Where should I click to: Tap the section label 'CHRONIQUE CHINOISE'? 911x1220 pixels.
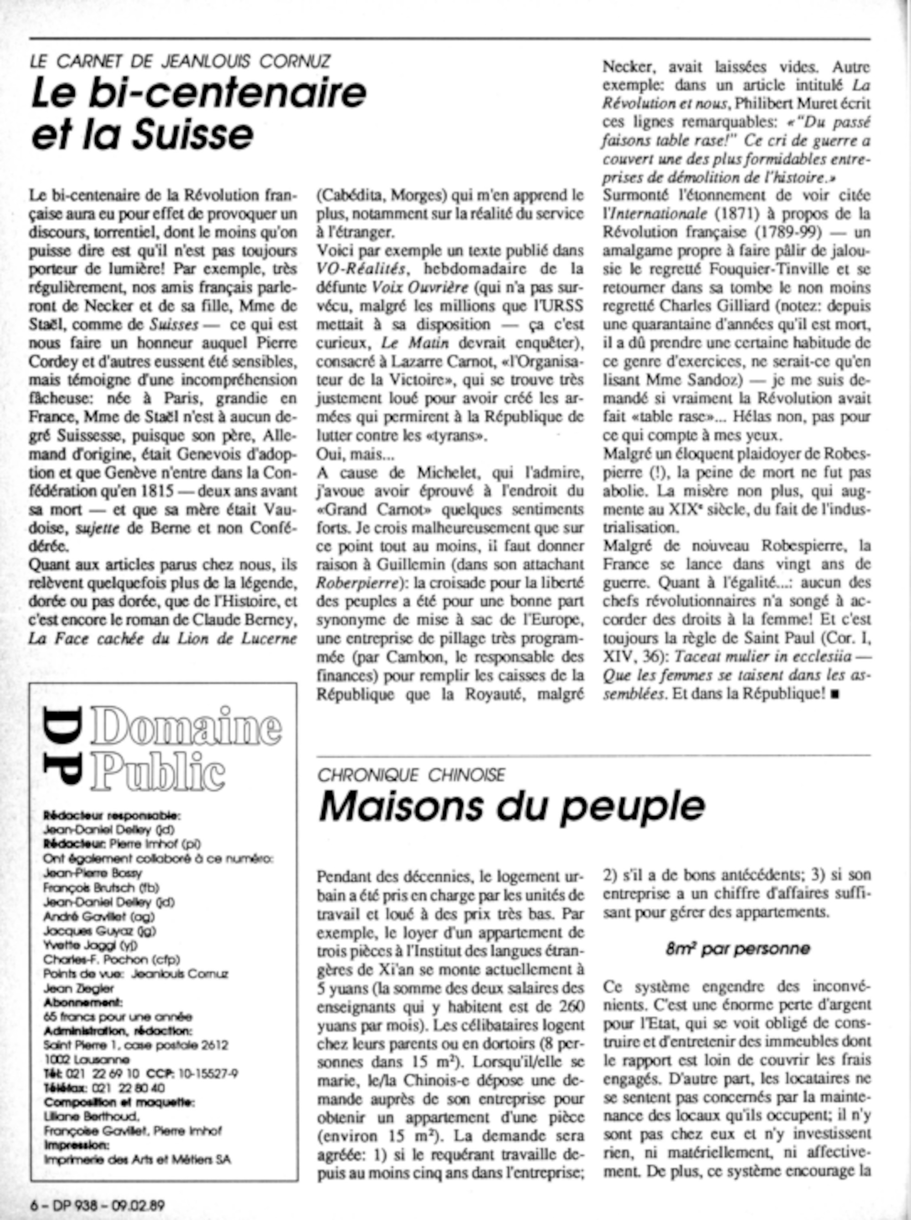411,775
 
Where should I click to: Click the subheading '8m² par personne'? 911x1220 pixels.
737,949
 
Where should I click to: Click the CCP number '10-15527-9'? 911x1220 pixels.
207,1073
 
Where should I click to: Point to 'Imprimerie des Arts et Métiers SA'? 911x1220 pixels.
137,1159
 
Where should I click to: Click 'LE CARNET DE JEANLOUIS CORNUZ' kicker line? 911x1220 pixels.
180,61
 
